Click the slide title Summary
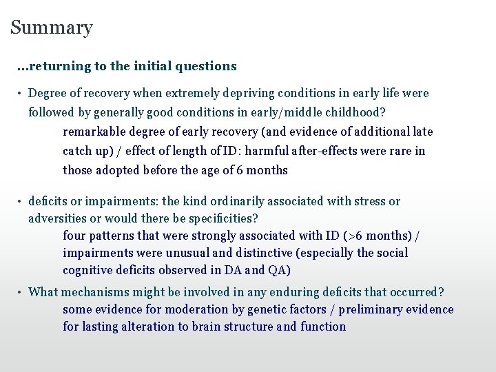point(52,28)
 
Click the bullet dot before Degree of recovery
point(21,94)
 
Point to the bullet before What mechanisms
point(21,292)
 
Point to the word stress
point(370,201)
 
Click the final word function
point(323,327)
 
